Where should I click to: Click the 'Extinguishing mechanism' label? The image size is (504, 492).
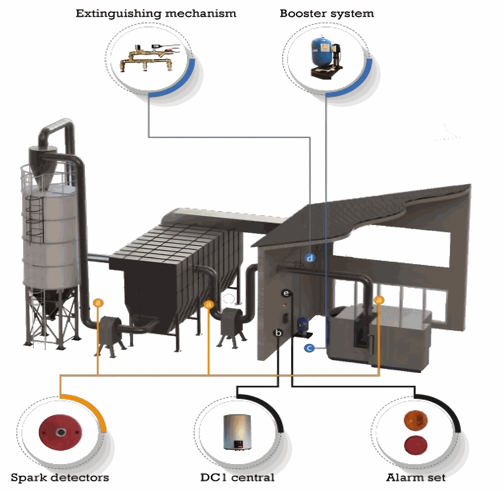pos(156,14)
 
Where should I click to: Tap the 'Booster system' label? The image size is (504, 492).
pos(327,14)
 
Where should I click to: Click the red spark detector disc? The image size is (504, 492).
pos(60,432)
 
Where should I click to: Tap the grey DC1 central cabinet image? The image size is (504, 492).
pos(237,432)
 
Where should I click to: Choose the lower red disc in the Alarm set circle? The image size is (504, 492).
pos(416,445)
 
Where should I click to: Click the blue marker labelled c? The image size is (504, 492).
pos(309,348)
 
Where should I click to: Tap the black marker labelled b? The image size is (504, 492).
pos(278,333)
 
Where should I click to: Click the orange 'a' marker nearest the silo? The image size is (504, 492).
pos(98,303)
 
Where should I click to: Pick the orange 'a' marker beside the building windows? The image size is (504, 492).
pos(379,300)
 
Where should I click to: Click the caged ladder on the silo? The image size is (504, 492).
pos(34,216)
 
